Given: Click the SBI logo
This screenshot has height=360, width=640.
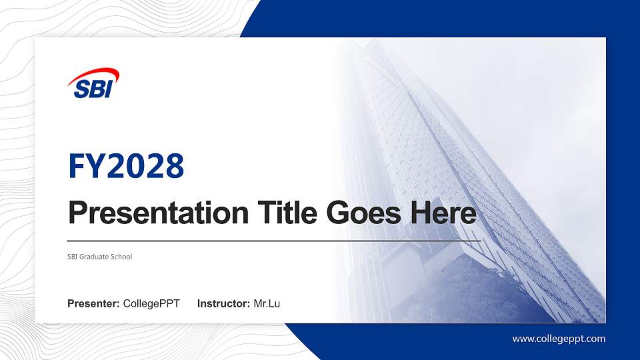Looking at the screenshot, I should click(x=93, y=84).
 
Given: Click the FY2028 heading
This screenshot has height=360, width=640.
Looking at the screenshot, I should click(x=126, y=167).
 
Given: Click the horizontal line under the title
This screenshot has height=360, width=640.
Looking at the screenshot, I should click(x=273, y=240).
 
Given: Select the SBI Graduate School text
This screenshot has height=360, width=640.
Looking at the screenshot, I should click(x=100, y=257).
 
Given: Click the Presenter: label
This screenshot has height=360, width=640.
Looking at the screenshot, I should click(x=93, y=304).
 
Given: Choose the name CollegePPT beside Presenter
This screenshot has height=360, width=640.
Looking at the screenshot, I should click(x=151, y=304).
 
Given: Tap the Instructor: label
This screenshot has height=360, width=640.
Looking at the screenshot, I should click(x=224, y=304).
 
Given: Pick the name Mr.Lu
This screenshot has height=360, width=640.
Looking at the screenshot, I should click(x=267, y=304).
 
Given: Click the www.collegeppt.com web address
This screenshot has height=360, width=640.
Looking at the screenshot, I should click(x=559, y=339).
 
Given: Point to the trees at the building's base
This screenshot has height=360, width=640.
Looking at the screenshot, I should click(x=460, y=293).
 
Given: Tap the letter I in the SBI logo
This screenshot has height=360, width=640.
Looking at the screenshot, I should click(x=113, y=89).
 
